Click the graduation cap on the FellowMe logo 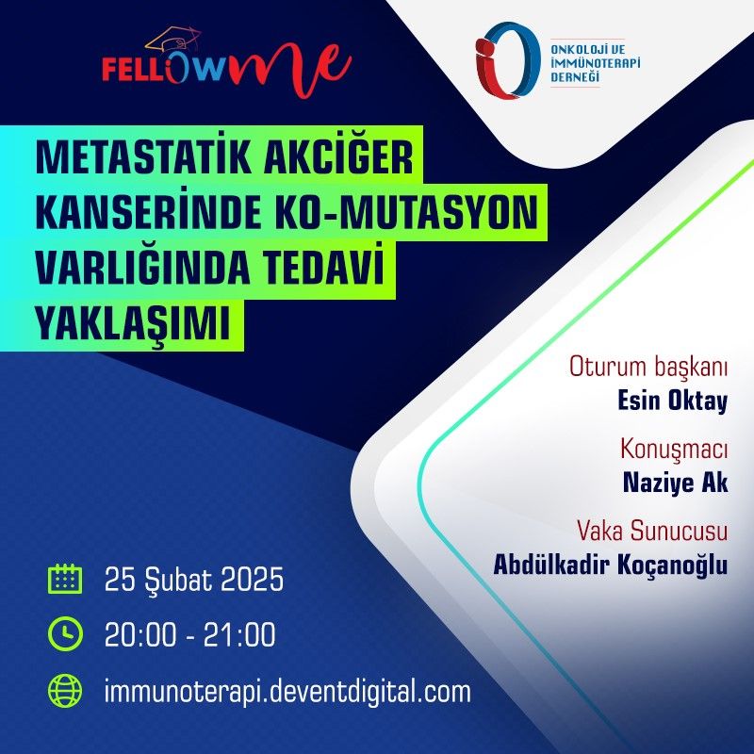[x=173, y=40]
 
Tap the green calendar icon [x=65, y=579]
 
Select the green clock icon [x=65, y=633]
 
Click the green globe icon [x=65, y=691]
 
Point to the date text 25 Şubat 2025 [x=194, y=579]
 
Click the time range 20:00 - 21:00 [x=190, y=634]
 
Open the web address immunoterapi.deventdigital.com [x=287, y=692]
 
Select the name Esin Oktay [x=672, y=402]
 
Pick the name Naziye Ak [x=675, y=483]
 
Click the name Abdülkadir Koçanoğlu [x=611, y=564]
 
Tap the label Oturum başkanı [x=648, y=368]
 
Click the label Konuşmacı [x=674, y=450]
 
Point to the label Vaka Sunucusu [x=652, y=531]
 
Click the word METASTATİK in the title [x=143, y=156]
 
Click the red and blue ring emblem [x=506, y=60]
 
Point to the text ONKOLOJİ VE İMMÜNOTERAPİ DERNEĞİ [x=596, y=63]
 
